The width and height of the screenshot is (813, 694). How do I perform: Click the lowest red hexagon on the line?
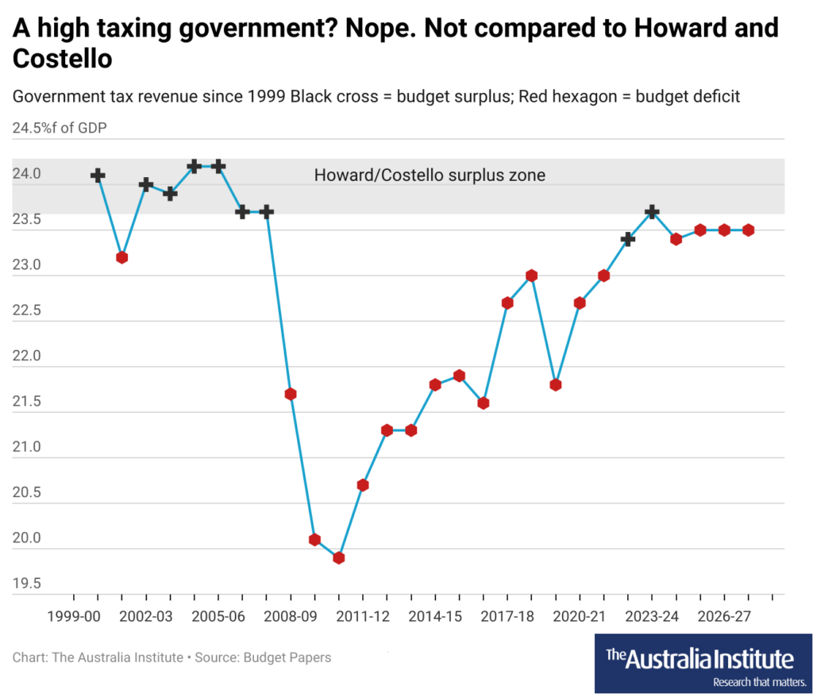click(x=339, y=557)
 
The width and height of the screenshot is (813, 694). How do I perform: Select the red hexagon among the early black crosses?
click(x=121, y=257)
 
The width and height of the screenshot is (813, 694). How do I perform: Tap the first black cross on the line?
click(x=98, y=175)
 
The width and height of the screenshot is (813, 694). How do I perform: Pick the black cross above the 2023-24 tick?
click(x=652, y=212)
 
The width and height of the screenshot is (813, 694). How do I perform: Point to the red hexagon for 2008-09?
click(x=291, y=394)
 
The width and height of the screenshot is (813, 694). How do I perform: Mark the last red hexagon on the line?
click(x=748, y=230)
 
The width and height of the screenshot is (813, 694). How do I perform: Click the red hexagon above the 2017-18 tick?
click(x=507, y=303)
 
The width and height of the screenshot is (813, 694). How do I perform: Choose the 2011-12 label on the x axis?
click(x=362, y=616)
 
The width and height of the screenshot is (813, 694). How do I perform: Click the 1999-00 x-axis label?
click(x=74, y=616)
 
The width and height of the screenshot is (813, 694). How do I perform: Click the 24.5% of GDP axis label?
click(x=60, y=128)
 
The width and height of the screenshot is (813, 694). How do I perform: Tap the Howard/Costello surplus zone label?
click(x=430, y=175)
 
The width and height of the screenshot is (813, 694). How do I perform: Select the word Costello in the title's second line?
click(x=62, y=60)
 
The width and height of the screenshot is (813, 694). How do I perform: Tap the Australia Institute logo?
click(x=699, y=658)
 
